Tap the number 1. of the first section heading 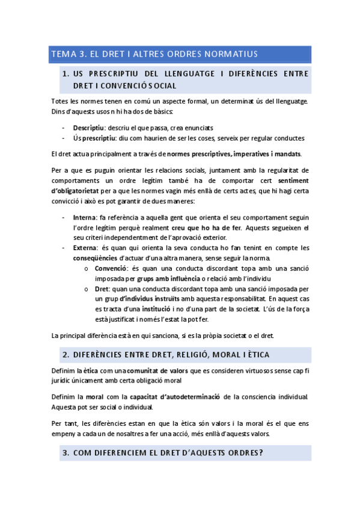(x=66, y=73)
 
